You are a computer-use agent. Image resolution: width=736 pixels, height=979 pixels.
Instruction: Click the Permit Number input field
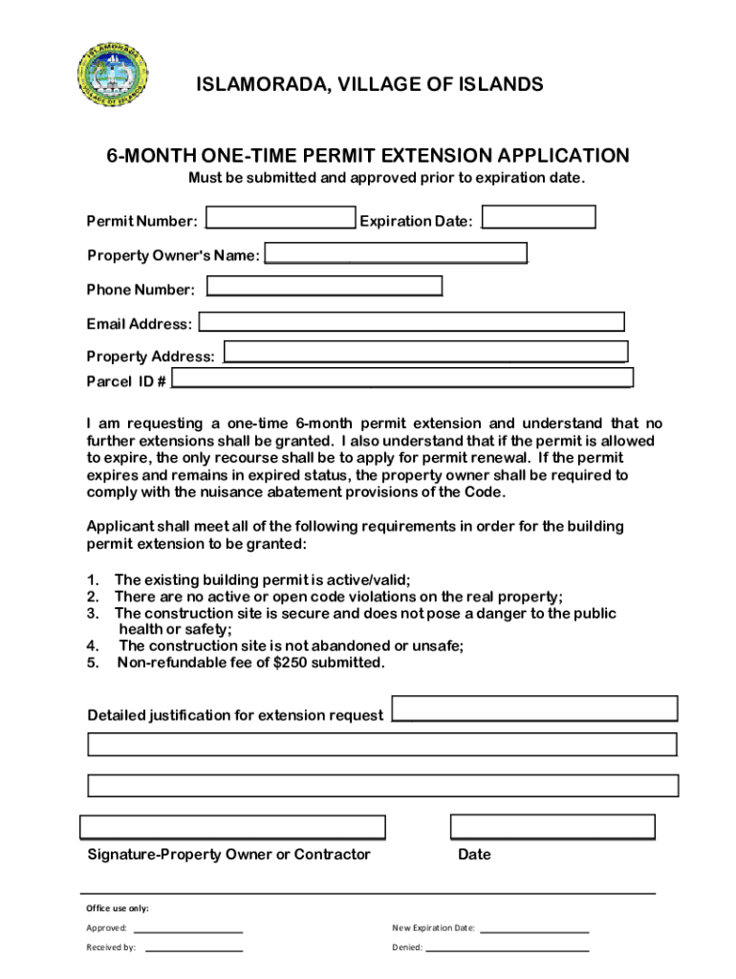[x=281, y=219]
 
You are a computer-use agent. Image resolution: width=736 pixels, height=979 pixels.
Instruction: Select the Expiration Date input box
[x=538, y=218]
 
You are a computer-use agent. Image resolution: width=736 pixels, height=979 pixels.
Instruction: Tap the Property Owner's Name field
[x=396, y=254]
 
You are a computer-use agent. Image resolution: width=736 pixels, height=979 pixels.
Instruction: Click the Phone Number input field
[x=325, y=287]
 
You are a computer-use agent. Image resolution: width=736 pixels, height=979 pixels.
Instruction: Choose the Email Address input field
[x=411, y=322]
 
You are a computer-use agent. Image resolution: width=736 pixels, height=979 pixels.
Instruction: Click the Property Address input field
[x=425, y=352]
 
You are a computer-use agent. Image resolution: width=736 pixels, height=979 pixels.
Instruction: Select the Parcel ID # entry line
[x=401, y=381]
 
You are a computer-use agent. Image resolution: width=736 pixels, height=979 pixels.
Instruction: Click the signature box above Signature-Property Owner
[x=232, y=827]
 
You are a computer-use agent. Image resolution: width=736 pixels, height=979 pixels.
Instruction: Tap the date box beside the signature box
[x=552, y=827]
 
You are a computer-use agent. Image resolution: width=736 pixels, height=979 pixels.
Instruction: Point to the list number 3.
[x=93, y=613]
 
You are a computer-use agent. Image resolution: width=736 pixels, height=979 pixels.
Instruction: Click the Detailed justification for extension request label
[x=235, y=715]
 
